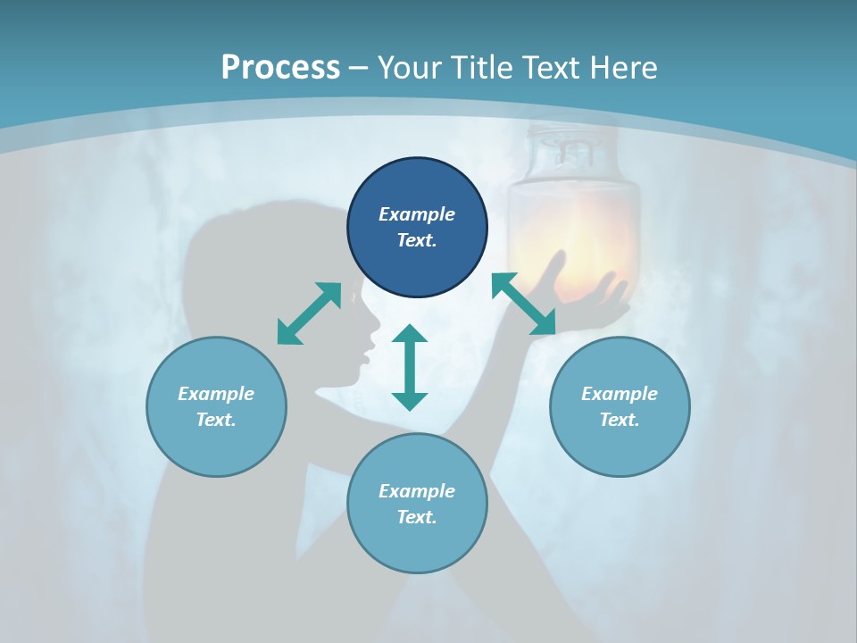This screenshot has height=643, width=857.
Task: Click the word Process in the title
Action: tap(280, 68)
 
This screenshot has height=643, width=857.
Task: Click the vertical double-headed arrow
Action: tap(410, 367)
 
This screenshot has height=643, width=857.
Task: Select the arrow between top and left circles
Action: tap(309, 313)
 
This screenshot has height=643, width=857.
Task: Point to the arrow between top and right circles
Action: tap(524, 304)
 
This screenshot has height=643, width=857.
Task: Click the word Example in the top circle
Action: tap(417, 214)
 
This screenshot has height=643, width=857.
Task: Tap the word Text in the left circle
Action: tap(216, 420)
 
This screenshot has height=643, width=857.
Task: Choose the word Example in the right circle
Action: tap(620, 394)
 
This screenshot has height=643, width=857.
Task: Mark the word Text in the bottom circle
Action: tap(417, 517)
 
